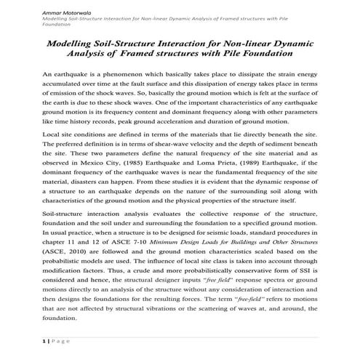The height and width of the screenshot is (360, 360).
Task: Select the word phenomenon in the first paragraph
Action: (122, 75)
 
